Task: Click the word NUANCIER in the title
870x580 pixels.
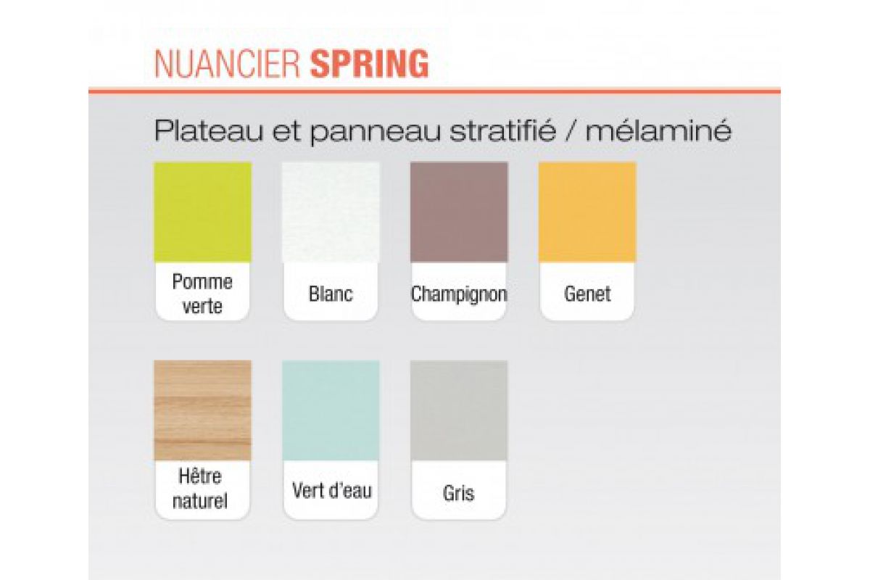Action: (x=227, y=64)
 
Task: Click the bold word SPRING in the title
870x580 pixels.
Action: (x=370, y=64)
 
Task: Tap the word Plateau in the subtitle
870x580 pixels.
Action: (x=208, y=130)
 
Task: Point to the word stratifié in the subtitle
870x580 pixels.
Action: (x=503, y=130)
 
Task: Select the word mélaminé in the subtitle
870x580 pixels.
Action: (x=659, y=130)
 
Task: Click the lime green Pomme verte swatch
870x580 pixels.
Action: (x=203, y=212)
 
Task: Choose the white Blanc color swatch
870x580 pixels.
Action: (x=331, y=212)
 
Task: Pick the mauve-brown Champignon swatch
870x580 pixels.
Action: (x=459, y=212)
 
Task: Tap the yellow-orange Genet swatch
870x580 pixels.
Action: (x=587, y=212)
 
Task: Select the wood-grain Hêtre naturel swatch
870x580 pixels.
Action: (x=203, y=410)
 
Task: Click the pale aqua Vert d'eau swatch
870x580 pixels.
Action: (x=331, y=410)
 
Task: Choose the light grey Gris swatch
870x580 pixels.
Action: (x=459, y=410)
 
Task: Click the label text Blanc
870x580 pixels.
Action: (x=331, y=294)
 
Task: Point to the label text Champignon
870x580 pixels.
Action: (x=459, y=294)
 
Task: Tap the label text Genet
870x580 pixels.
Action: (x=587, y=294)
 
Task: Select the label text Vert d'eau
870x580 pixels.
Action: (x=332, y=490)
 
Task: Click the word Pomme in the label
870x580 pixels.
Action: (x=202, y=281)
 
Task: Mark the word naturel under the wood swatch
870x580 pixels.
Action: (x=200, y=500)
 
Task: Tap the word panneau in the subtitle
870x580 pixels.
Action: (x=376, y=132)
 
